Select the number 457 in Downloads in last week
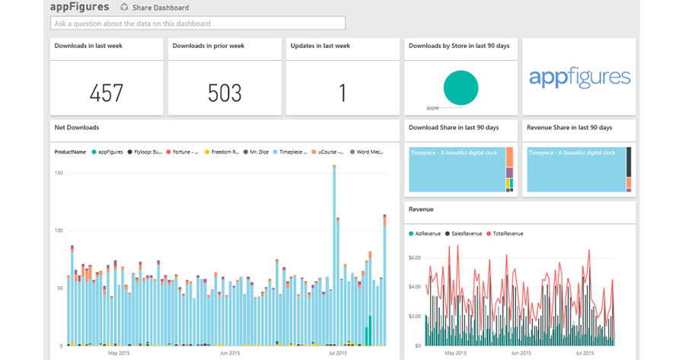point(107,93)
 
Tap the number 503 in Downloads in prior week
point(225,93)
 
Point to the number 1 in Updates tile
point(342,93)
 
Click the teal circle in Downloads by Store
point(460,87)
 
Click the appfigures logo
point(579,77)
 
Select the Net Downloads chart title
point(76,127)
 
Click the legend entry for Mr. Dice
point(258,152)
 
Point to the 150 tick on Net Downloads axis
point(58,173)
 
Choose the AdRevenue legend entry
point(425,232)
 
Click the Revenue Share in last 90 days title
point(569,127)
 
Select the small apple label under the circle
point(433,108)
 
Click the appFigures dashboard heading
point(79,7)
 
